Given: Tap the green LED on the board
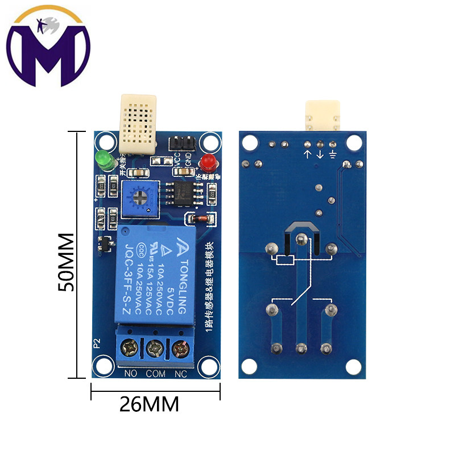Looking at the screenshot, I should (x=104, y=159).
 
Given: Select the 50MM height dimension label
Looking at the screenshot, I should (x=67, y=262).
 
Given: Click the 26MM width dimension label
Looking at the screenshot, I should (x=149, y=404).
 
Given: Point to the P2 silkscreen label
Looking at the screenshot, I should (x=97, y=342).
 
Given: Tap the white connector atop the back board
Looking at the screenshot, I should (x=323, y=114).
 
